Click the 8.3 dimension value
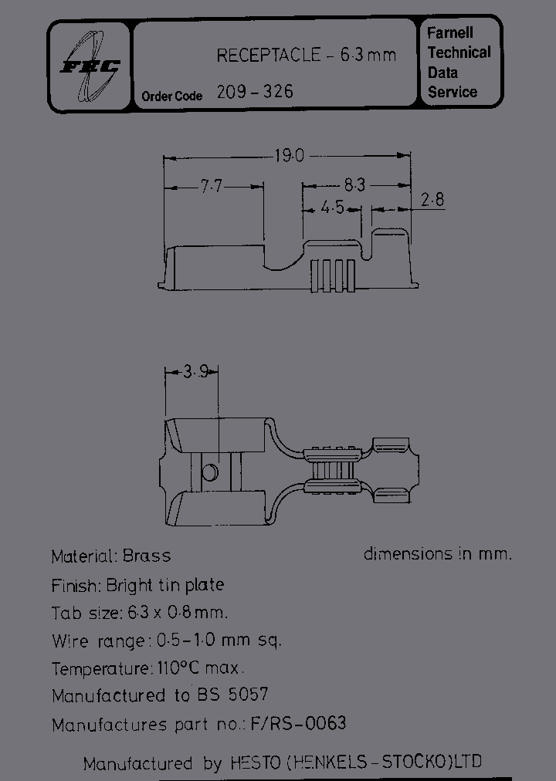pos(354,185)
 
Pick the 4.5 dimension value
pos(332,208)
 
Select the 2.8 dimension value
pos(432,200)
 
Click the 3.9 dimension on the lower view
pos(195,372)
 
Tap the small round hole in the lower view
pos(210,471)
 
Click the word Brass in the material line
pos(146,556)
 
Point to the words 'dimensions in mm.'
pos(438,553)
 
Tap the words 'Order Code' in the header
pos(171,96)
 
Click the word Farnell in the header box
pos(450,33)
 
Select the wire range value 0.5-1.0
pos(195,641)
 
